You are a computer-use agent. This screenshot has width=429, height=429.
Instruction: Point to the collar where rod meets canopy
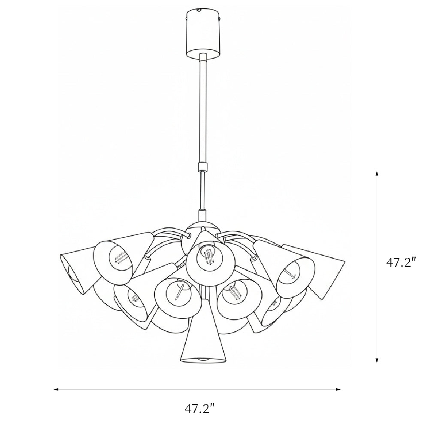click(x=203, y=57)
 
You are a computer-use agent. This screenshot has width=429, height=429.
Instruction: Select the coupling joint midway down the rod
click(x=203, y=166)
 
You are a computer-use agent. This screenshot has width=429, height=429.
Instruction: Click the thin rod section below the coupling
click(x=203, y=190)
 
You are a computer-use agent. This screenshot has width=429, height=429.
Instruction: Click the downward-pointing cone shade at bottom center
click(x=203, y=339)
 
